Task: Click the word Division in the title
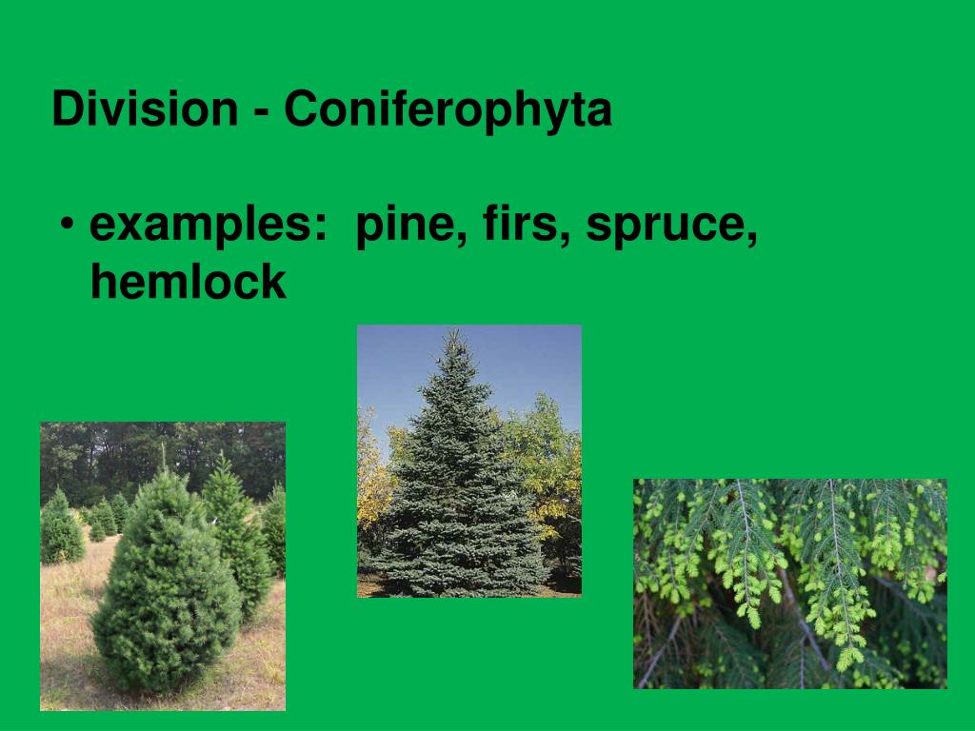(144, 109)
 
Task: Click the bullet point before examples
(66, 228)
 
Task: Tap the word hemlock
(188, 282)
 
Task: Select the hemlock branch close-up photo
(789, 583)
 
